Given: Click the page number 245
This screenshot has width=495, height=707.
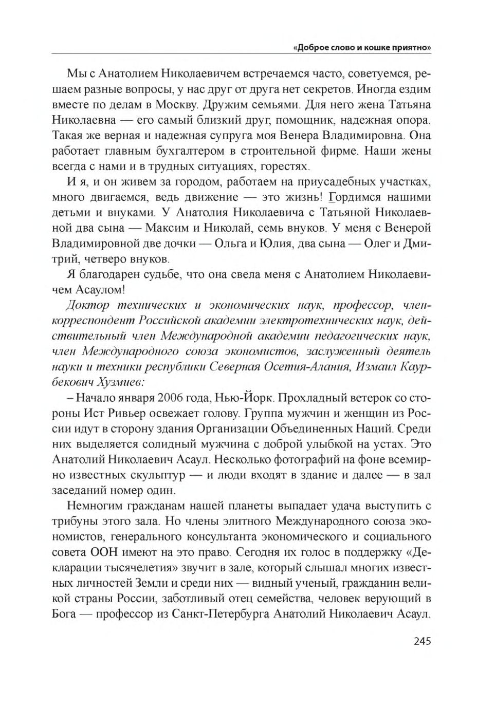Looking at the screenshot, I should click(x=421, y=641).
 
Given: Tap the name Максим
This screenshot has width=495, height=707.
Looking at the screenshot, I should click(x=166, y=228).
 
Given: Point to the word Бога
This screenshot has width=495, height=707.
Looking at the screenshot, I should click(x=65, y=614).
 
